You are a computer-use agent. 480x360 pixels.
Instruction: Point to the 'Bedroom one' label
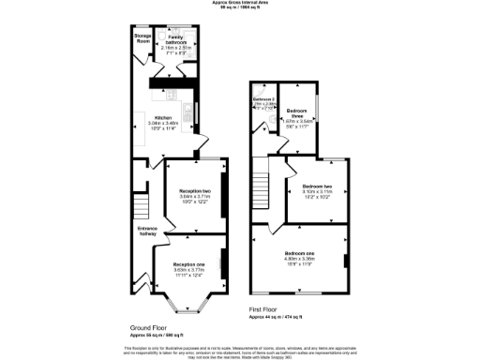[x=299, y=253]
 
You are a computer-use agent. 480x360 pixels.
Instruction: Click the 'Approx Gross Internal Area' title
[x=240, y=4]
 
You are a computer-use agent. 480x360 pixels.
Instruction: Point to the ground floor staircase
[x=142, y=204]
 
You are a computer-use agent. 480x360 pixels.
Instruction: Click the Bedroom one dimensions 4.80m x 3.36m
[x=299, y=260]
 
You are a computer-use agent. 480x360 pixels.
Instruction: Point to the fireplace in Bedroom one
[x=346, y=259]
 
